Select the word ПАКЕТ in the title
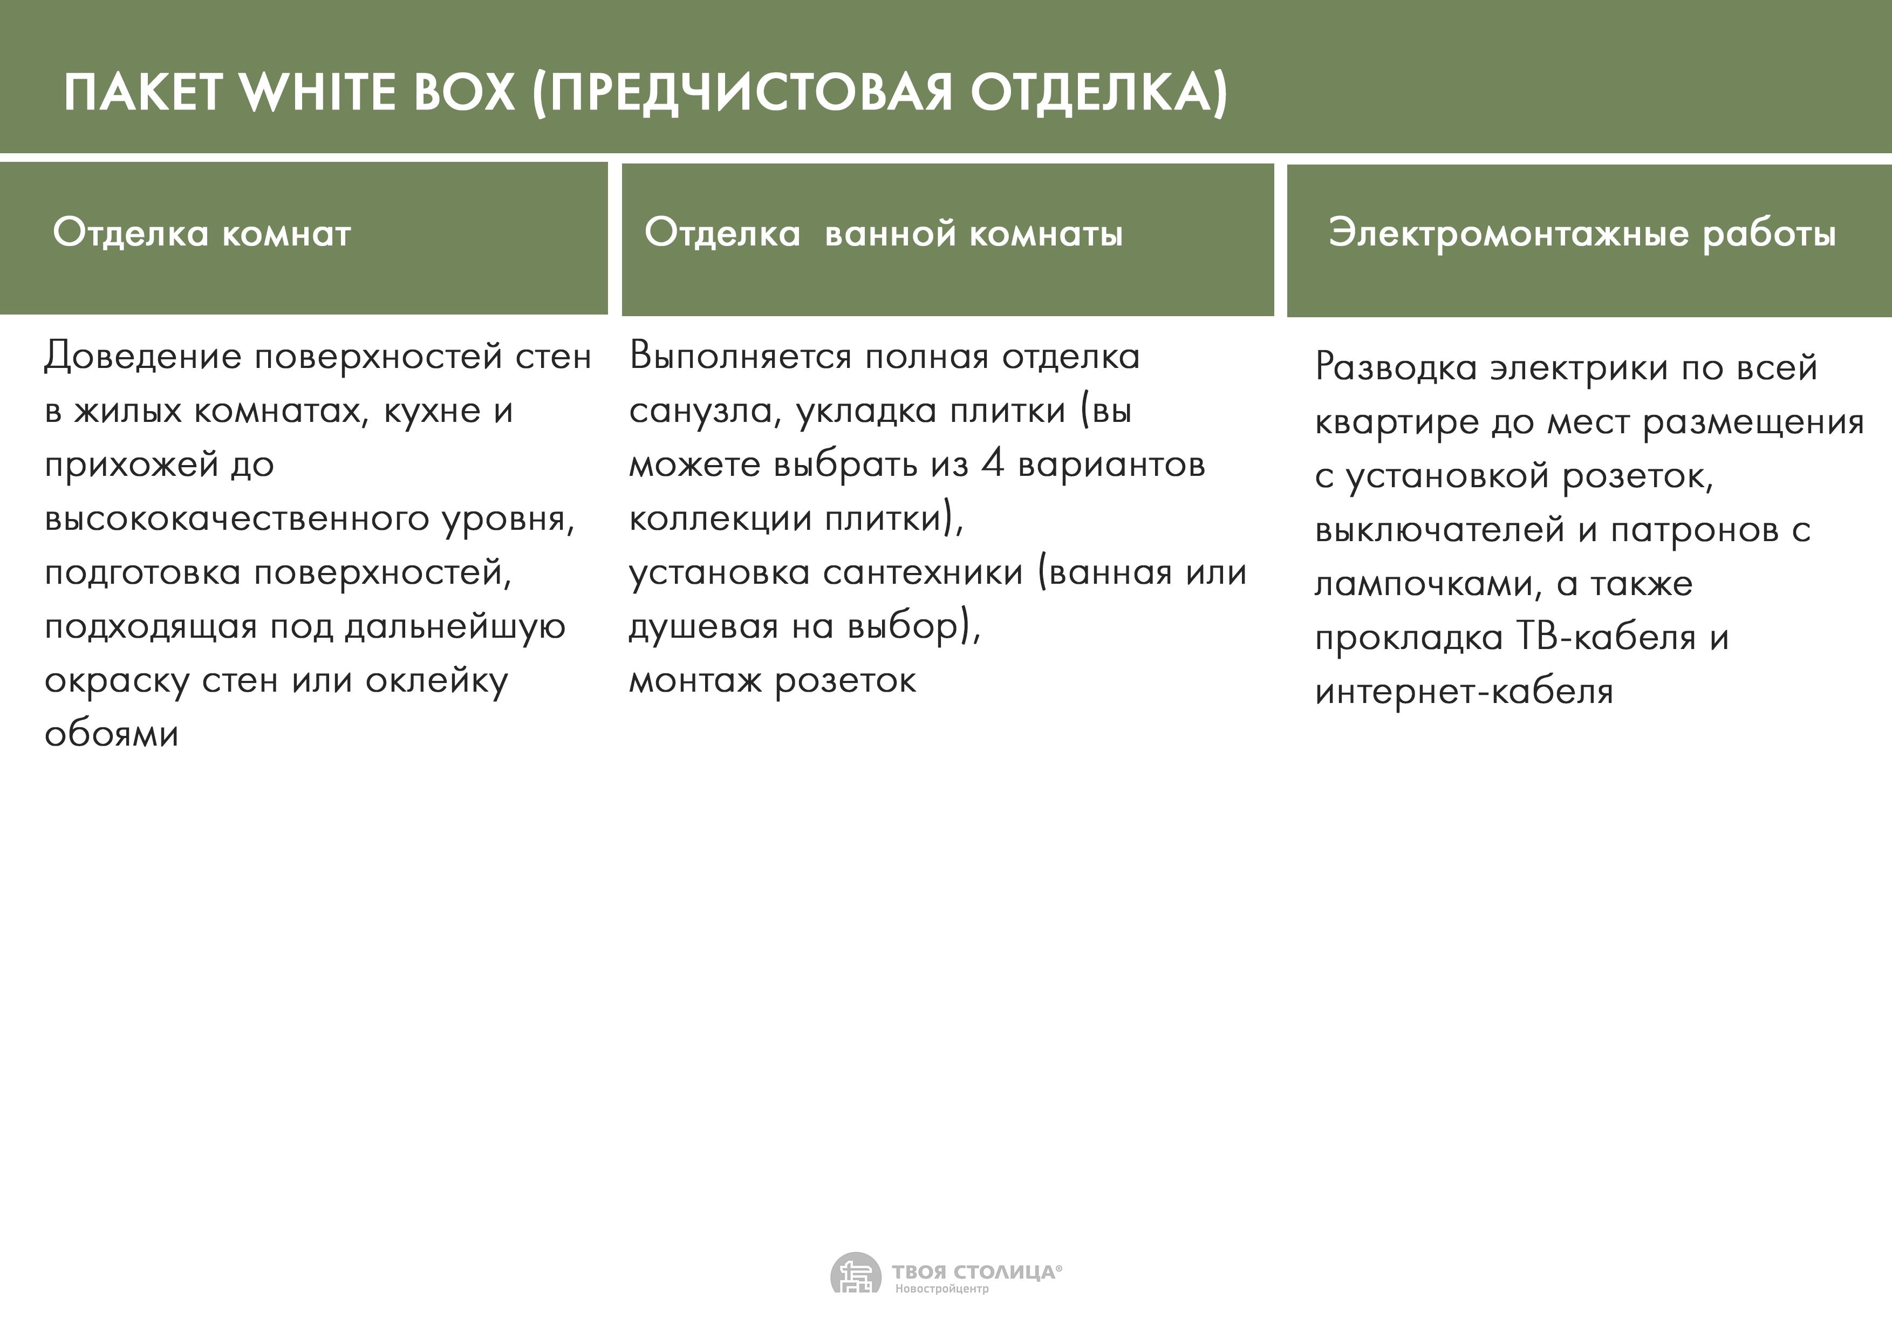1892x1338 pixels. point(142,92)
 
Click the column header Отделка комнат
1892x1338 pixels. point(202,233)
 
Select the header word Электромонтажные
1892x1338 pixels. point(1508,234)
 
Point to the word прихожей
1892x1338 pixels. point(132,466)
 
